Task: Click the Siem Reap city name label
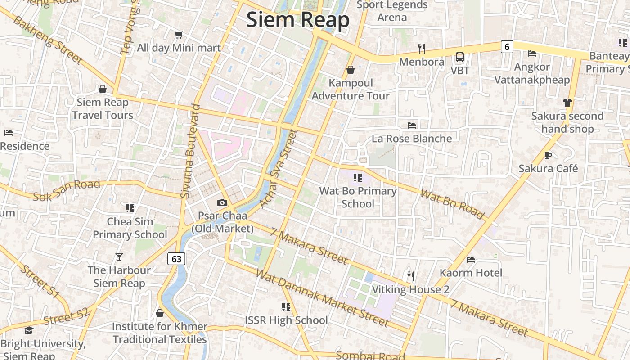(298, 20)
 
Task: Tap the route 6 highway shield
(507, 46)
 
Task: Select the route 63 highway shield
(176, 259)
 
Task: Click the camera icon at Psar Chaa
(222, 203)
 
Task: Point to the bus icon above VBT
(460, 57)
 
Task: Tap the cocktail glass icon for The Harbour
(119, 257)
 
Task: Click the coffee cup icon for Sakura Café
(548, 155)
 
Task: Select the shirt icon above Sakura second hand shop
(567, 103)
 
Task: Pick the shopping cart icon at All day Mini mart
(179, 35)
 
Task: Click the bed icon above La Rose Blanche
(412, 125)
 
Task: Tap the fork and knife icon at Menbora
(422, 48)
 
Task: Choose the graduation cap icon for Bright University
(29, 331)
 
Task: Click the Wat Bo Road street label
(453, 204)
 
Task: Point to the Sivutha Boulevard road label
(190, 151)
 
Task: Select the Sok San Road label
(67, 190)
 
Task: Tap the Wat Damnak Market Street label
(322, 298)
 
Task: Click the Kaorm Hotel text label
(471, 273)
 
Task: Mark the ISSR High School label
(286, 320)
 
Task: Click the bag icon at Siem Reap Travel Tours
(103, 89)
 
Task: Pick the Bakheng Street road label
(48, 40)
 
